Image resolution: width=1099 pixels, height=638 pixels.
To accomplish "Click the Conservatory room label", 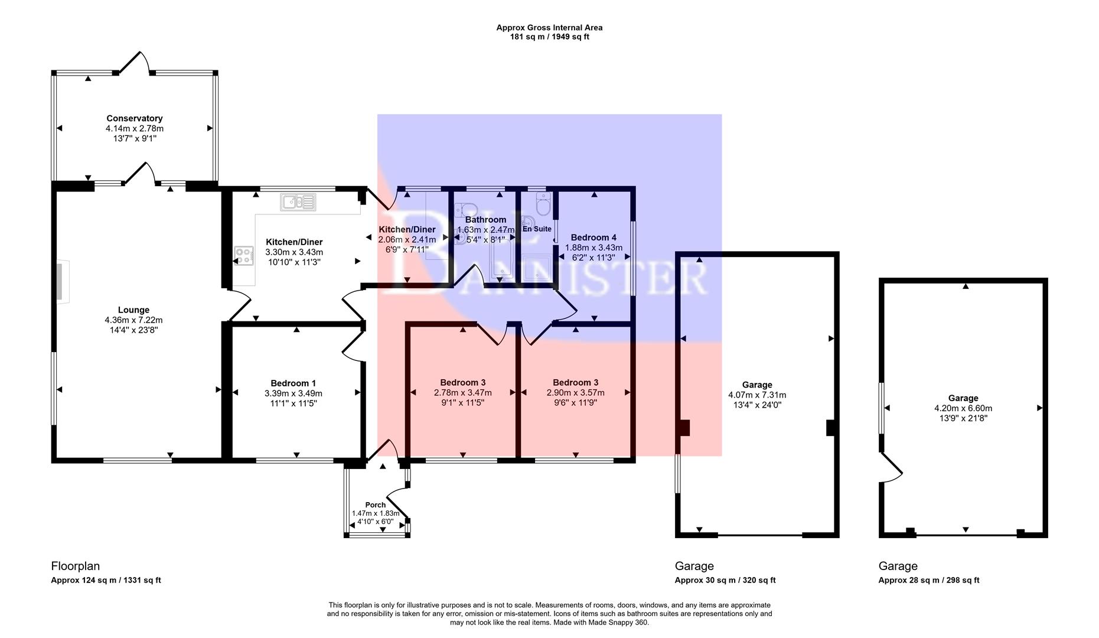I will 134,118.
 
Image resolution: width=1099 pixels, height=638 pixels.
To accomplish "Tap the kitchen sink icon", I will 299,202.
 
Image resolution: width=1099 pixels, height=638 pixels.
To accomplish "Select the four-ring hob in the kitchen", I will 243,255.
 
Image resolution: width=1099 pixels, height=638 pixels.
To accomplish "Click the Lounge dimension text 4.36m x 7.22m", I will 133,320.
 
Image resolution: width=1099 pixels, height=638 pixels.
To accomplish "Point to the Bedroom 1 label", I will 293,383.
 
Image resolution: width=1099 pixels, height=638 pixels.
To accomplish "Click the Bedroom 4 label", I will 593,237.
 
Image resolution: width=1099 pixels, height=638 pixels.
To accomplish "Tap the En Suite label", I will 537,229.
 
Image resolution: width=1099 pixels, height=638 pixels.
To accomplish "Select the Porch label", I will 375,504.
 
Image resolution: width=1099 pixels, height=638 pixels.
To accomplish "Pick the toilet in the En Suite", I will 542,205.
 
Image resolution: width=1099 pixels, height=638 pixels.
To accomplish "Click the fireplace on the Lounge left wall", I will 62,282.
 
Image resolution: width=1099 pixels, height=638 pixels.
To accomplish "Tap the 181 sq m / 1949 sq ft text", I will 549,37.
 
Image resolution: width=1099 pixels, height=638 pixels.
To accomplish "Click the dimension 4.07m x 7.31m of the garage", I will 757,395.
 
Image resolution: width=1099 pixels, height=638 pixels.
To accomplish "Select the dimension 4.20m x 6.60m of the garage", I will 963,408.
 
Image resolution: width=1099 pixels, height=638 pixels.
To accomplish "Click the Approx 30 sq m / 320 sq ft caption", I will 725,580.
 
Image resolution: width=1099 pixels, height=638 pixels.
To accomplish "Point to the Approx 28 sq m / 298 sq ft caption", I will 928,580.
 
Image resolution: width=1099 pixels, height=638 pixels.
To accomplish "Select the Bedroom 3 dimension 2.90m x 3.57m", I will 575,393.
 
